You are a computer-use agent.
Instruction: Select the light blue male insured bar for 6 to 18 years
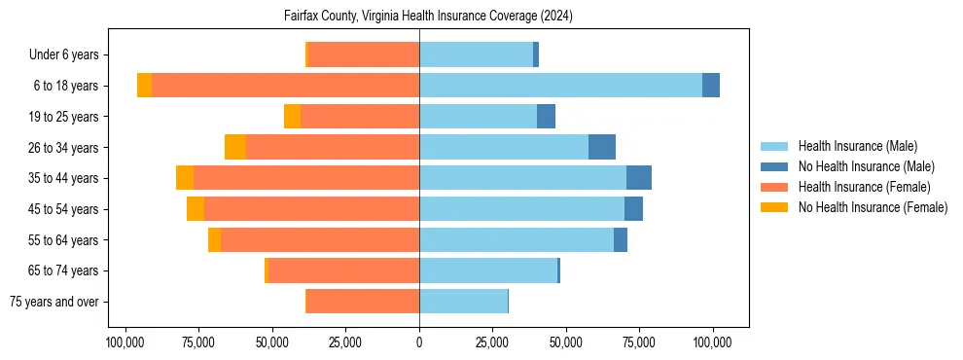[560, 86]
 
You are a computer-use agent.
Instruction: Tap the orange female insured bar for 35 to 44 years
[306, 178]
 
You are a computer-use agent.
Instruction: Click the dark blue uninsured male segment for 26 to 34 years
[602, 147]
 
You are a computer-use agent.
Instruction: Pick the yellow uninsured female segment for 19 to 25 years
[292, 117]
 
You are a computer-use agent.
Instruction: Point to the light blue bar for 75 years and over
[463, 302]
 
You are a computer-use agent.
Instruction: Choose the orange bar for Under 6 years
[364, 54]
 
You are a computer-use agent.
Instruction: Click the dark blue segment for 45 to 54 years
[633, 209]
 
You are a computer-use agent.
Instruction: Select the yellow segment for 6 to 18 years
[144, 86]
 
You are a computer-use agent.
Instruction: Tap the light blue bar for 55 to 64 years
[517, 239]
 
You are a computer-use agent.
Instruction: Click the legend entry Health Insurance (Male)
[857, 146]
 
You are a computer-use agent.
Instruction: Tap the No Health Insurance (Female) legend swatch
[775, 207]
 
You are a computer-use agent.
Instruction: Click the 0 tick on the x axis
[419, 342]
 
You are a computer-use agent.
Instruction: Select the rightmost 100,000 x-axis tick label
[713, 342]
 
